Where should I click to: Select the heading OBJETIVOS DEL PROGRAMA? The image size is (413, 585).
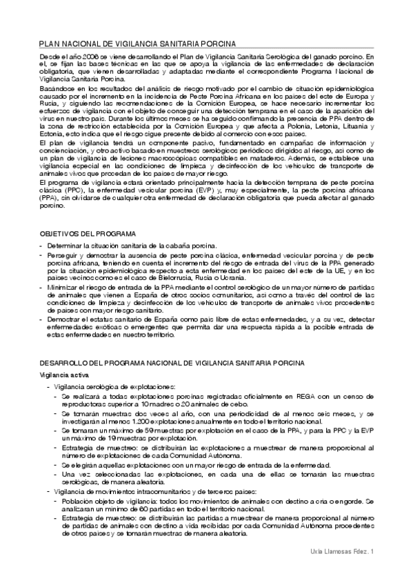pyautogui.click(x=87, y=235)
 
